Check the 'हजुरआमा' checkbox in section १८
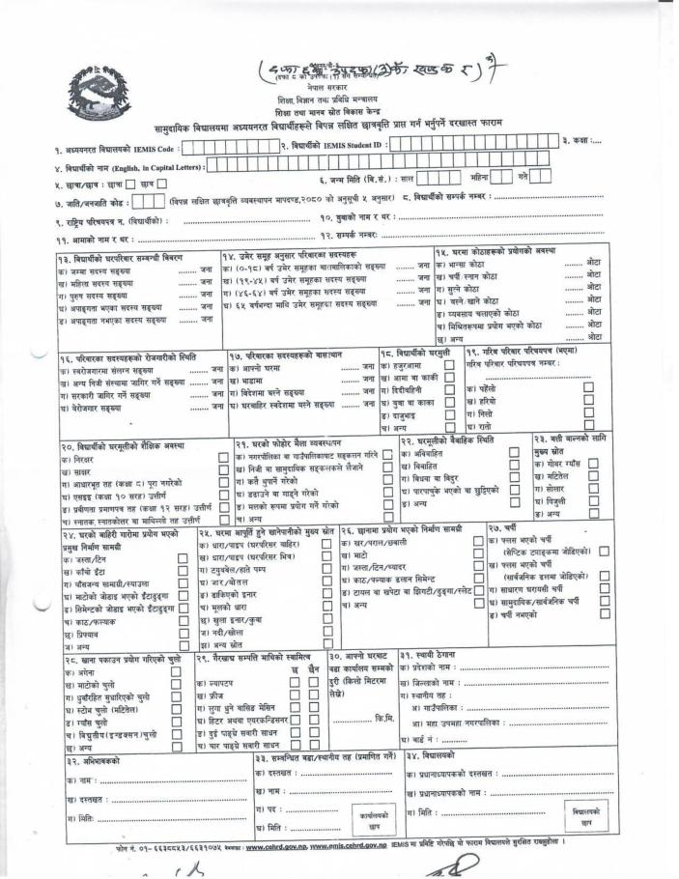pyautogui.click(x=449, y=367)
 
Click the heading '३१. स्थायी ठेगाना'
pyautogui.click(x=430, y=654)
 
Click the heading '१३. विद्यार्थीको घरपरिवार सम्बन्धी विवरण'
pyautogui.click(x=116, y=255)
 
